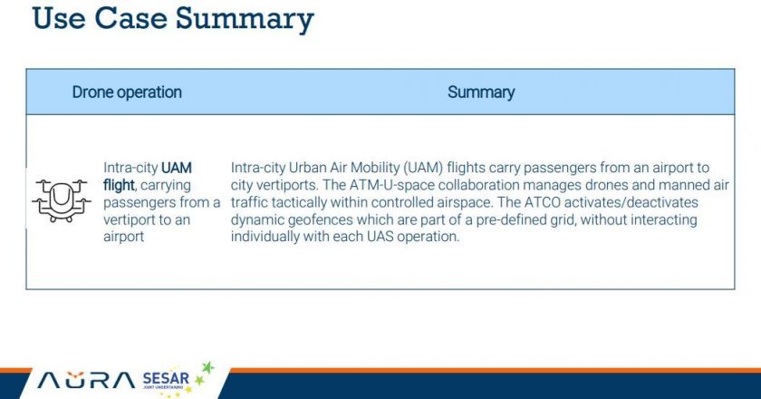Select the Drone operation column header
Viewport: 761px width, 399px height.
click(127, 92)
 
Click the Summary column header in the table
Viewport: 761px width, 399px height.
click(481, 92)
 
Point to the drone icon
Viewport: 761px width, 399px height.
click(62, 200)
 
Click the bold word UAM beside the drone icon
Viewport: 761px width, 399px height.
click(176, 168)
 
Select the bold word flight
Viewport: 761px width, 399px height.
click(119, 185)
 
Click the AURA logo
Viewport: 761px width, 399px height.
click(86, 381)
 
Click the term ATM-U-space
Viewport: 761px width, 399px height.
click(391, 185)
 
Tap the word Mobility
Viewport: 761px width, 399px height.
click(375, 168)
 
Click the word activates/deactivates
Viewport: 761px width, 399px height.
click(631, 202)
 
